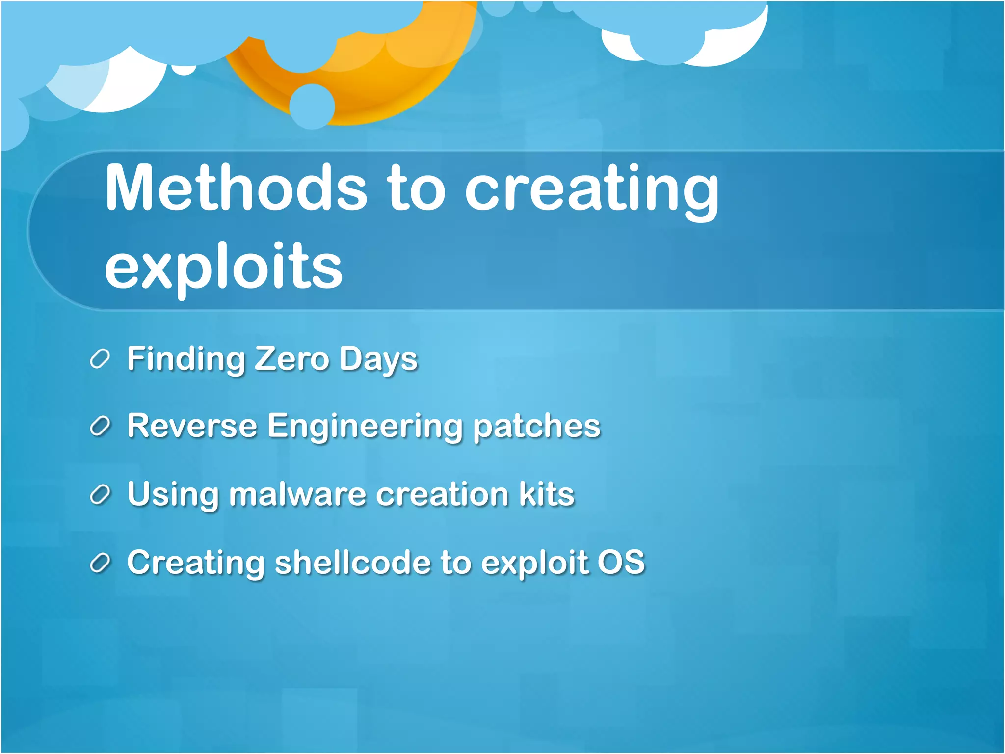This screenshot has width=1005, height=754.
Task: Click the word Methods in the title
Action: pos(236,189)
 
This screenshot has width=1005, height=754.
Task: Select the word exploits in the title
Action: pos(223,268)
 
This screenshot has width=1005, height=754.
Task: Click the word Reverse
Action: pos(192,426)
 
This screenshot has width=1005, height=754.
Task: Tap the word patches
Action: pos(536,427)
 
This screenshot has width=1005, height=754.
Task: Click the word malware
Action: pos(297,494)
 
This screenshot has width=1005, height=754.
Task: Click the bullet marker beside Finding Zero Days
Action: pos(100,359)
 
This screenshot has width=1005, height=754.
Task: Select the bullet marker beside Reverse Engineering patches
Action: pos(100,427)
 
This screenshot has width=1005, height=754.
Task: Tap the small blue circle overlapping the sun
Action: pos(312,107)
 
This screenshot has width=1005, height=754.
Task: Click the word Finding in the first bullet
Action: pos(186,359)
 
